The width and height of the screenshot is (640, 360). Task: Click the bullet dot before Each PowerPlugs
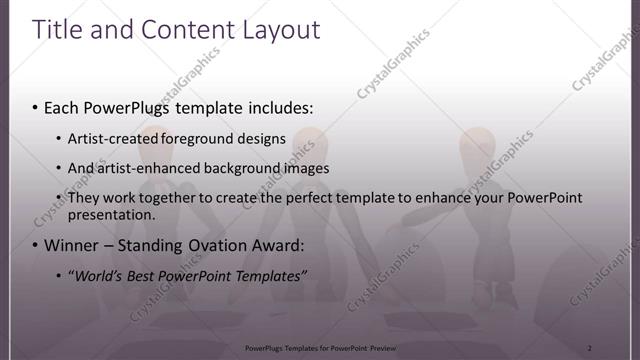pos(36,106)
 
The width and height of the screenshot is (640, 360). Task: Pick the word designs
pos(259,139)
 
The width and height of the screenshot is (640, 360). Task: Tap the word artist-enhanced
pos(143,168)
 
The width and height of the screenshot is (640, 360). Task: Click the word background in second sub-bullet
pos(237,168)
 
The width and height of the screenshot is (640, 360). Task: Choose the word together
pos(171,198)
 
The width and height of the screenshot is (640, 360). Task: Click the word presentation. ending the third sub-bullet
pos(111,214)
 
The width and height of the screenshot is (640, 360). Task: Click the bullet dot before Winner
pos(36,245)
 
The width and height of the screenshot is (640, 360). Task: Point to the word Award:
pos(279,245)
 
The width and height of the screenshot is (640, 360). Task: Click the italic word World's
pos(99,275)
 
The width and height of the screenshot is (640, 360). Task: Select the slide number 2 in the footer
pos(589,347)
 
